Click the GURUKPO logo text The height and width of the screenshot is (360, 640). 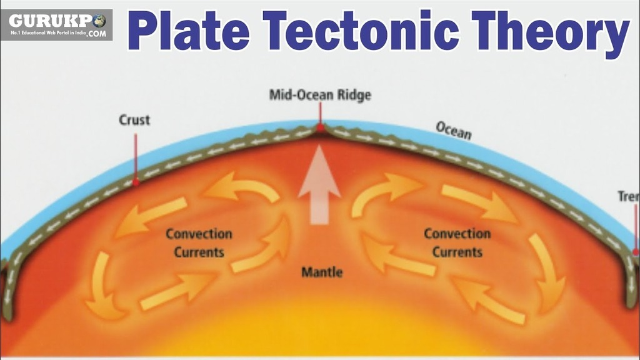50,19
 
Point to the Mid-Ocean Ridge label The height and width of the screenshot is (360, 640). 320,95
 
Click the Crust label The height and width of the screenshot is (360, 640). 134,119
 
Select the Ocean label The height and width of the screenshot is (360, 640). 453,131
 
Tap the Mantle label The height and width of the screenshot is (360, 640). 322,272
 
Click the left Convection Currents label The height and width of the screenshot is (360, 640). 199,243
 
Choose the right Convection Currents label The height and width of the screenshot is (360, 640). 457,242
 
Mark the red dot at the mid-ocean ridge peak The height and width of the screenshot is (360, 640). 320,129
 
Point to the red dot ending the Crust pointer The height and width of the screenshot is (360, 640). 135,184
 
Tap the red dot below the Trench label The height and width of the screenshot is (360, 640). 636,252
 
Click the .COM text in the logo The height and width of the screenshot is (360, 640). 96,34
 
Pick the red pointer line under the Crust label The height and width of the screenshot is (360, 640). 135,156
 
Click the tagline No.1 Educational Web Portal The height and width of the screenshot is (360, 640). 47,33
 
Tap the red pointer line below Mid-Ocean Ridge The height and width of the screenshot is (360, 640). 320,114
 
